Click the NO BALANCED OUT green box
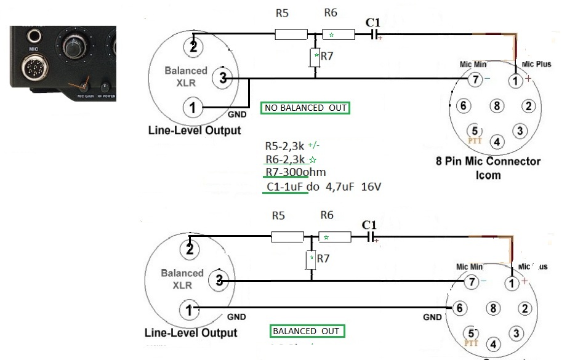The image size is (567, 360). [x=305, y=108]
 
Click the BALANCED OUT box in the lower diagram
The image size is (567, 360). [x=307, y=331]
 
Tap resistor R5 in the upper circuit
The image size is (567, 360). [x=290, y=34]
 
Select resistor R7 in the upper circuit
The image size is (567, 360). [x=315, y=57]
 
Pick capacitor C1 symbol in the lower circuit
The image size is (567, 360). [x=370, y=237]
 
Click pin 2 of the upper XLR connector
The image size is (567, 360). [x=193, y=45]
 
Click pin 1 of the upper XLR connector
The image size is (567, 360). [x=193, y=108]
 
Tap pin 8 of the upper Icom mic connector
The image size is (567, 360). [x=497, y=106]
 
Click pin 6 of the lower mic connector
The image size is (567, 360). [x=458, y=307]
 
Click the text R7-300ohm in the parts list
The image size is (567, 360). [x=296, y=172]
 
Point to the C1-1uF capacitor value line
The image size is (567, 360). [x=320, y=186]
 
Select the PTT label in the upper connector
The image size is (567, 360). [x=474, y=140]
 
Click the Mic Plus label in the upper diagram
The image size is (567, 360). [x=536, y=63]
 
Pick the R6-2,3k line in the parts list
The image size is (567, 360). [x=287, y=159]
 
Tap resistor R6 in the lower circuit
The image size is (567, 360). [x=335, y=237]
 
